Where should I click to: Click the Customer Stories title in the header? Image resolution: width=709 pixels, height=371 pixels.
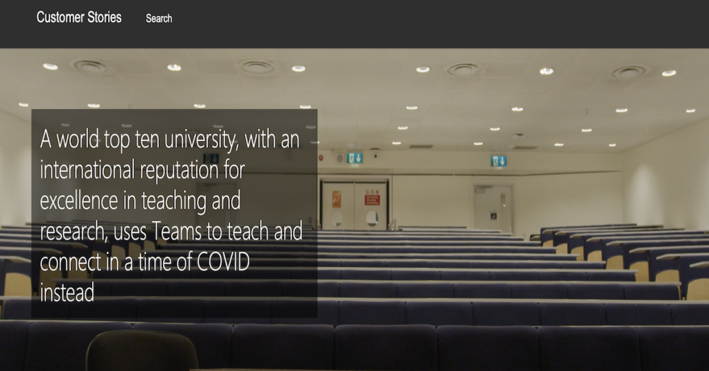[x=79, y=17]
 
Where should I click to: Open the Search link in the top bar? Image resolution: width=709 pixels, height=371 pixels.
[x=159, y=19]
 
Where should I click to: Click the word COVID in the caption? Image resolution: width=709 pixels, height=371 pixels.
[x=224, y=262]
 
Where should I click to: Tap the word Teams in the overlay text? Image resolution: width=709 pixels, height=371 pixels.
[x=177, y=231]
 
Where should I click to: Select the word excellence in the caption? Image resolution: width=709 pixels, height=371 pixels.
[x=79, y=200]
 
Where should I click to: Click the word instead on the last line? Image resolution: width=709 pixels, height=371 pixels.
[x=67, y=293]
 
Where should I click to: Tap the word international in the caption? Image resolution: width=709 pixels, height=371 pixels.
[x=87, y=169]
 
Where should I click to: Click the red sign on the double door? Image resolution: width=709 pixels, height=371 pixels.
[x=372, y=198]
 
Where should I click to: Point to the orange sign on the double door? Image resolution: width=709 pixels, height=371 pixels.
[x=337, y=199]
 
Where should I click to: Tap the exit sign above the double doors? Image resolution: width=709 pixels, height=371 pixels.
[x=354, y=158]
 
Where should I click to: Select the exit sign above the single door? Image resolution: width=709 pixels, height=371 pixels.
[x=498, y=161]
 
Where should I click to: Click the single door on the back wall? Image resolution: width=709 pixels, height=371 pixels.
[x=494, y=208]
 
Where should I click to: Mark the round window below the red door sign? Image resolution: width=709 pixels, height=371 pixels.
[x=372, y=219]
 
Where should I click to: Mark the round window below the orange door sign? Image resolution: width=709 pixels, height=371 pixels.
[x=337, y=219]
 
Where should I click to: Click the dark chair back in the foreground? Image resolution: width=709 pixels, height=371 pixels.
[x=142, y=351]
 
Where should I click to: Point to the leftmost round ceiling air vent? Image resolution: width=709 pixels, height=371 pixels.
[x=91, y=67]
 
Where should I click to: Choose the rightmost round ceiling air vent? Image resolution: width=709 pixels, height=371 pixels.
[x=628, y=72]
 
